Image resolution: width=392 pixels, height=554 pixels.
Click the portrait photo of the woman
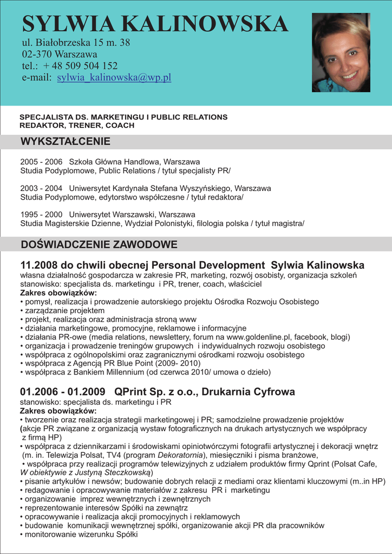coord(341,52)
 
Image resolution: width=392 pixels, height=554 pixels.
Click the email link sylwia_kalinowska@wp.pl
coord(114,77)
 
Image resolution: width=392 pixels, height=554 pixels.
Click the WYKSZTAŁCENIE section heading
coord(65,142)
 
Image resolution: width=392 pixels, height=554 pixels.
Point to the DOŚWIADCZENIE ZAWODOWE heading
coord(99,245)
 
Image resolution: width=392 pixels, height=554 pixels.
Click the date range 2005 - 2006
coord(41,162)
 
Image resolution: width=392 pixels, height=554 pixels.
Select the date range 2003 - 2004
coord(41,188)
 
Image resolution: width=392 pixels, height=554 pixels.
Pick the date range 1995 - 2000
coord(41,214)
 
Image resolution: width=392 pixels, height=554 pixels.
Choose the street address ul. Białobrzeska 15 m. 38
coord(76,42)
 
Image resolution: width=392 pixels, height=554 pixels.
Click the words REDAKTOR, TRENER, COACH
coord(77,125)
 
